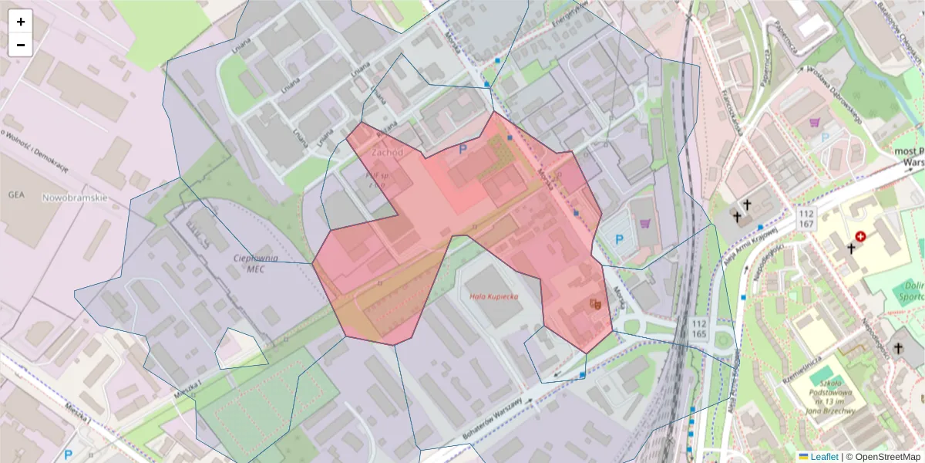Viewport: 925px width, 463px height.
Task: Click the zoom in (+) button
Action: click(21, 22)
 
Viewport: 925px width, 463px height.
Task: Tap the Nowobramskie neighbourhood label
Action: click(75, 198)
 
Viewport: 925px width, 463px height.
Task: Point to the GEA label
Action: click(17, 195)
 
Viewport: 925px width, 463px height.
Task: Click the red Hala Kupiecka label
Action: click(494, 296)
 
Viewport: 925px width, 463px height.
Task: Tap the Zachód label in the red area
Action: click(387, 153)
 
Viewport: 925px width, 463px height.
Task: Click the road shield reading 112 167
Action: click(806, 218)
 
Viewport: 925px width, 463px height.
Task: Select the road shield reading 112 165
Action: click(700, 328)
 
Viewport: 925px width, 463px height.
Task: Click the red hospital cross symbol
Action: click(860, 237)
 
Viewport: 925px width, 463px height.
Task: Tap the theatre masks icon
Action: click(594, 304)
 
